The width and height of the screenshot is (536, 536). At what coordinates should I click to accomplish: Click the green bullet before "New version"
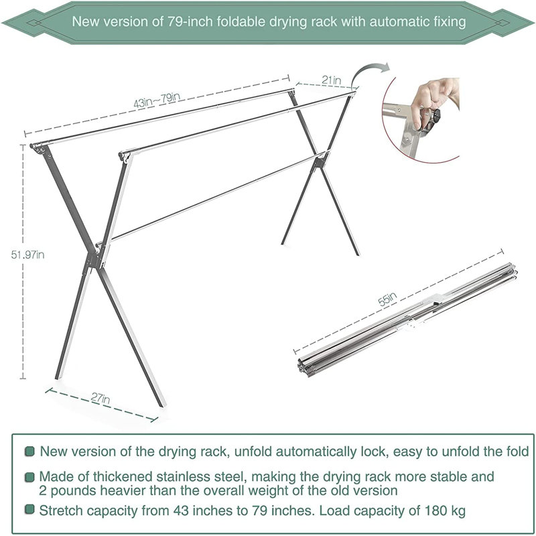[x=29, y=452]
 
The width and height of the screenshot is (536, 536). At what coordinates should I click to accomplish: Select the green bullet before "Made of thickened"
[x=29, y=477]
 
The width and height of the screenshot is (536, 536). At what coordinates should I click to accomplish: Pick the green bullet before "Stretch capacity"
[x=29, y=511]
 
